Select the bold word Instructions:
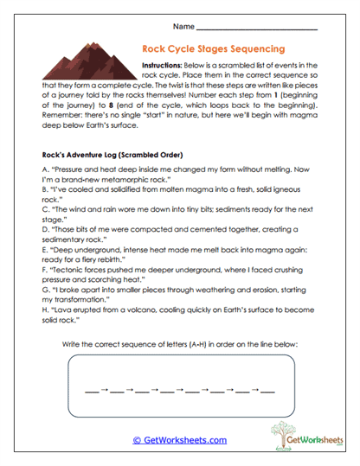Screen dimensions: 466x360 coord(164,65)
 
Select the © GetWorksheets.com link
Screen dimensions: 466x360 coord(179,440)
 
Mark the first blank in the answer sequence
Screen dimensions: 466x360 coord(90,393)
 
